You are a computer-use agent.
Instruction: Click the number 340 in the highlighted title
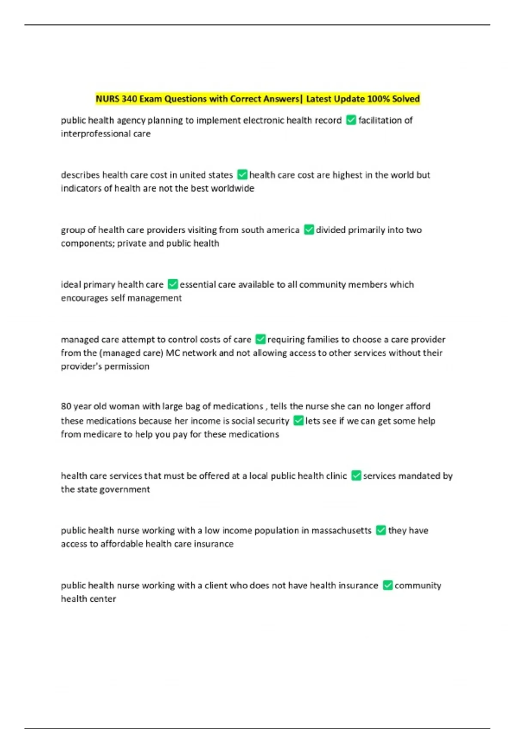(129, 99)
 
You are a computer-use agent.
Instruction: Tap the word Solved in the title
(406, 99)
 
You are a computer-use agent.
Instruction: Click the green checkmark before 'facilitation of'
(351, 120)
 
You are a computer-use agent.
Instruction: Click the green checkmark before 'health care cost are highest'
(242, 175)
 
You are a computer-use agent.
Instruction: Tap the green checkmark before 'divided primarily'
(309, 230)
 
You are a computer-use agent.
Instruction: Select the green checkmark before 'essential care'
(173, 284)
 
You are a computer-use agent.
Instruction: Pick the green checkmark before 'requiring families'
(260, 339)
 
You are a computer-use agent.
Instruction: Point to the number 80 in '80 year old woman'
(66, 406)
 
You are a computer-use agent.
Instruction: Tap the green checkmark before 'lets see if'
(298, 421)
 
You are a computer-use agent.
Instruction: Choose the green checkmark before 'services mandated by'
(356, 476)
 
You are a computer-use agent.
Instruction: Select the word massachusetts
(341, 530)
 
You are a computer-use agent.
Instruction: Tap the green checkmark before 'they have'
(381, 530)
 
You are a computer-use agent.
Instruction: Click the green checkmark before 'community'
(388, 585)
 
